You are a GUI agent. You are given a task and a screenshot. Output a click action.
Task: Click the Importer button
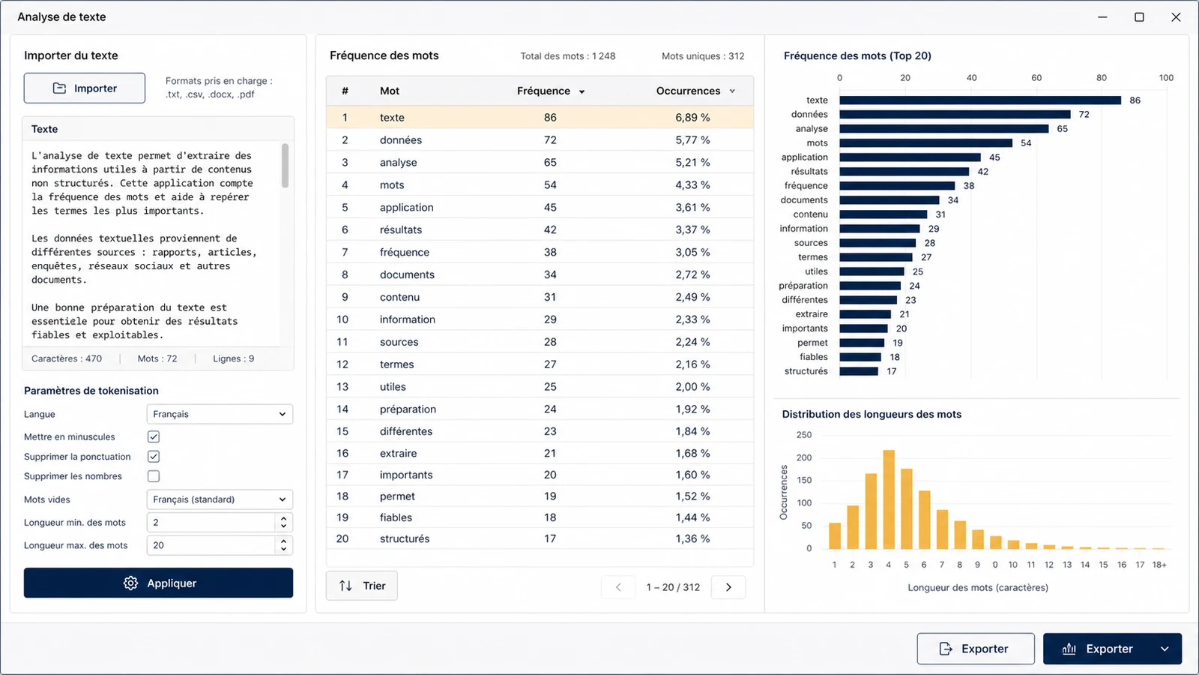click(x=84, y=88)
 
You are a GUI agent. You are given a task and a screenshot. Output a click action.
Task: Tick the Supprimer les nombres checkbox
click(x=154, y=476)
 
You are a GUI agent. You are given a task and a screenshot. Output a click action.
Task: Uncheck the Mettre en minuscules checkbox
click(x=154, y=436)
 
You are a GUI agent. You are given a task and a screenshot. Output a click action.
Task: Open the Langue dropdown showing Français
click(x=220, y=414)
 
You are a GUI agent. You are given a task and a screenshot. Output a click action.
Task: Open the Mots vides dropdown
click(x=220, y=499)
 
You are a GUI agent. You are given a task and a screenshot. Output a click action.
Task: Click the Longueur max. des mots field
click(x=211, y=545)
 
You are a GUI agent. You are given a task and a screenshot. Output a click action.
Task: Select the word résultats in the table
click(x=401, y=229)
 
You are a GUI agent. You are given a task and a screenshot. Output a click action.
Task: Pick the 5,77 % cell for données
click(x=692, y=139)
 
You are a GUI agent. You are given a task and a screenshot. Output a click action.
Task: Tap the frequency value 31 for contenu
click(x=550, y=297)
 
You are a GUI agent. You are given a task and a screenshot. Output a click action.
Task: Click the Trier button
click(x=362, y=586)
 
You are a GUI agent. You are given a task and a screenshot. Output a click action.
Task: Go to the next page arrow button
click(x=728, y=587)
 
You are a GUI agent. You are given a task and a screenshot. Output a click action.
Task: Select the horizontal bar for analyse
click(x=943, y=128)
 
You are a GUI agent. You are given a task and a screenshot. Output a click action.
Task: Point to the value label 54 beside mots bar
click(x=1026, y=143)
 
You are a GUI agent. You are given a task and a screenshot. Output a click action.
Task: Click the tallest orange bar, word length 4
click(x=889, y=499)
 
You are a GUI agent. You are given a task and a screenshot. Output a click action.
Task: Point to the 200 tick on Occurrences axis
click(x=804, y=457)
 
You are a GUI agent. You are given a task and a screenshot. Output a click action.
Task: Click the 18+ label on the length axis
click(x=1159, y=565)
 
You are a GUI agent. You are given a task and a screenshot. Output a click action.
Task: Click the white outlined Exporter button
click(x=975, y=649)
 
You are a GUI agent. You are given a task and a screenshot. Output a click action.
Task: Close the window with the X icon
click(x=1176, y=17)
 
